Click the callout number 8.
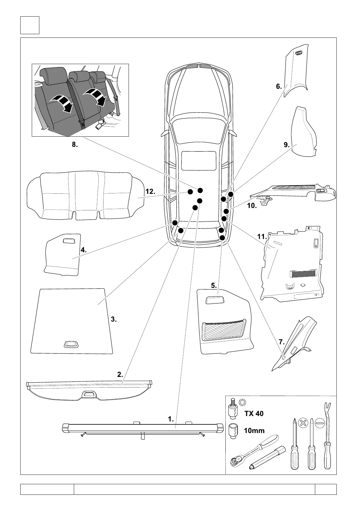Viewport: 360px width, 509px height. pos(75,145)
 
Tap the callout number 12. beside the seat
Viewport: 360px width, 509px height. pos(150,191)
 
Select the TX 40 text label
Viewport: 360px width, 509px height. pos(254,413)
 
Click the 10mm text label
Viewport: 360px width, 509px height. pos(254,431)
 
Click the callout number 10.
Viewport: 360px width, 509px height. pos(252,206)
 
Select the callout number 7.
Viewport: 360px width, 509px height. pos(282,342)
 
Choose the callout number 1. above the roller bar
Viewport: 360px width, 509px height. pos(171,419)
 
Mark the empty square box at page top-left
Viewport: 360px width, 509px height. pos(30,25)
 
